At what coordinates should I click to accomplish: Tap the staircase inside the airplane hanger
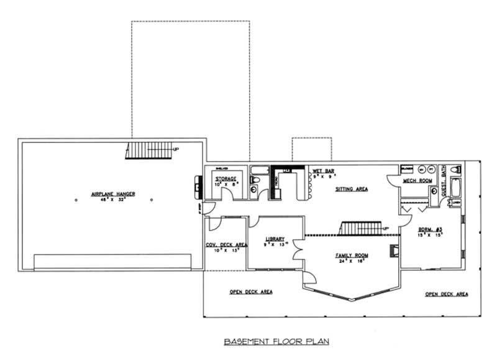pyautogui.click(x=148, y=150)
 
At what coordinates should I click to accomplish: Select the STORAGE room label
pyautogui.click(x=226, y=179)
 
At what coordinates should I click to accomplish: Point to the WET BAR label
pyautogui.click(x=324, y=170)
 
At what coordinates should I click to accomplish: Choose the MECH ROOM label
pyautogui.click(x=417, y=181)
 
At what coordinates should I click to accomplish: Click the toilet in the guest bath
pyautogui.click(x=454, y=169)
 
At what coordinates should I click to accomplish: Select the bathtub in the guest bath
pyautogui.click(x=455, y=186)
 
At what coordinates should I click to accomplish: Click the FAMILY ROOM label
pyautogui.click(x=352, y=256)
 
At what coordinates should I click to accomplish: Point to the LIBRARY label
pyautogui.click(x=275, y=239)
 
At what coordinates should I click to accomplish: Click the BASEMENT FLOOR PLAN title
pyautogui.click(x=275, y=341)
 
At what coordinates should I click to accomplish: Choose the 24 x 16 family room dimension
pyautogui.click(x=352, y=262)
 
